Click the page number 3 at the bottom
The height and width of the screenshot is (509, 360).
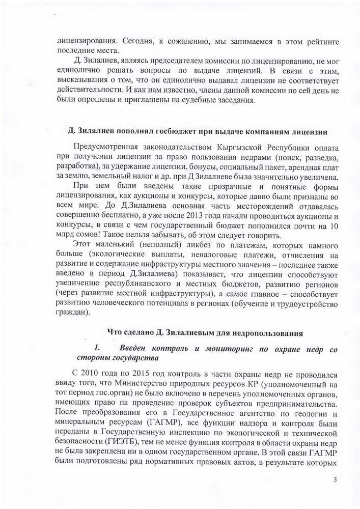tap(335, 479)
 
